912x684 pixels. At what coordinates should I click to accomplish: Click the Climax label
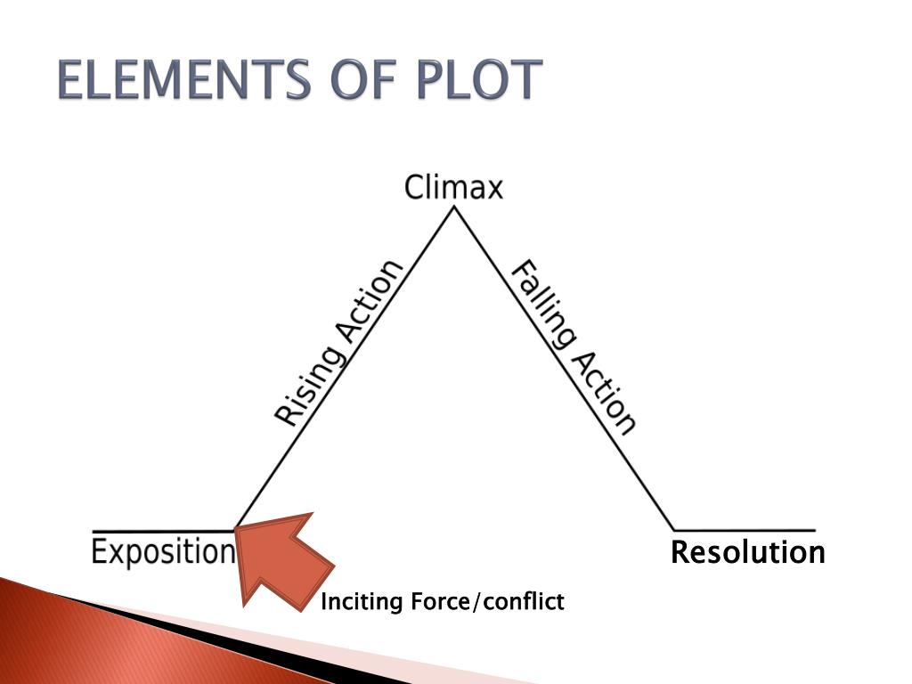click(453, 188)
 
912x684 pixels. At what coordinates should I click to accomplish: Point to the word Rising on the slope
click(307, 380)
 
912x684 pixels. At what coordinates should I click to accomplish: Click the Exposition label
click(163, 552)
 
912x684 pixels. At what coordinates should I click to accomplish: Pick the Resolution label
click(747, 553)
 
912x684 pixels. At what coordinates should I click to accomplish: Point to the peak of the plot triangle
click(455, 208)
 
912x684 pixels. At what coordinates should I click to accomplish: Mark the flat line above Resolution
click(745, 530)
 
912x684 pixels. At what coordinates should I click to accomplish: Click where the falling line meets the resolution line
click(674, 530)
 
